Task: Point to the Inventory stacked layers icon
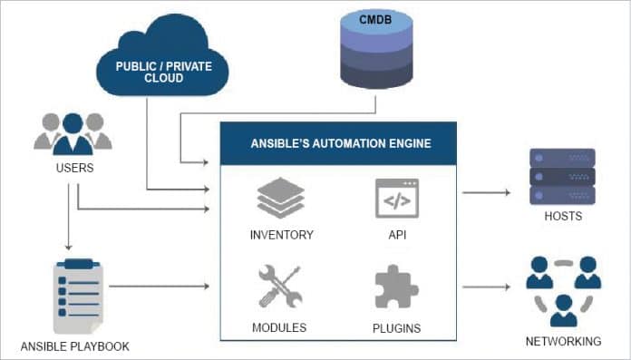click(280, 199)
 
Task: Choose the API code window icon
click(396, 199)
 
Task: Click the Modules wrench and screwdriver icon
click(280, 287)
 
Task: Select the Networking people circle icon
click(562, 290)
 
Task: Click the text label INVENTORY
click(281, 235)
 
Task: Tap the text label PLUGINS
click(396, 326)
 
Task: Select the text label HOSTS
click(562, 217)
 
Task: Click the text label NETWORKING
click(562, 342)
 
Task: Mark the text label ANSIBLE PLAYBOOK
click(74, 346)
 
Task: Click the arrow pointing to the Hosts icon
click(490, 193)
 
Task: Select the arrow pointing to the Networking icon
click(490, 287)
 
